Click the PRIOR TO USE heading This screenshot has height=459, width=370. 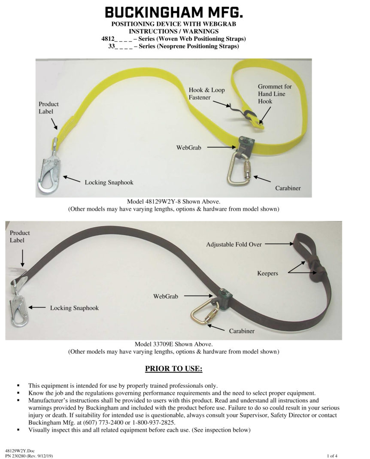coord(173,369)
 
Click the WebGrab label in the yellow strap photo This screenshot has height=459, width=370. coord(188,148)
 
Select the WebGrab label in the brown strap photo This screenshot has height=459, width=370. coord(165,296)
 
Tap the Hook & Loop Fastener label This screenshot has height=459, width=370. coord(206,94)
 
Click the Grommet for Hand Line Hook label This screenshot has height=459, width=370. coord(271,94)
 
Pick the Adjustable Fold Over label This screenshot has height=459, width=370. coord(234,244)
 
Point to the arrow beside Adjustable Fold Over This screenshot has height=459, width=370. coord(277,244)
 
